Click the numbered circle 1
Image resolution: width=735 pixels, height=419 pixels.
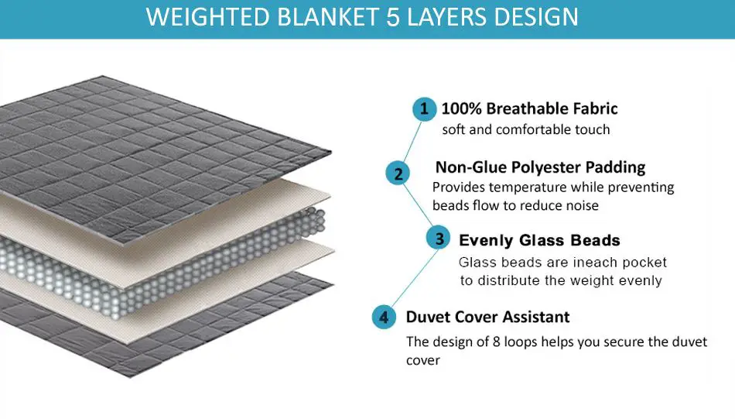[x=424, y=109]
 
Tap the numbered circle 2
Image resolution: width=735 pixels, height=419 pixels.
[x=398, y=173]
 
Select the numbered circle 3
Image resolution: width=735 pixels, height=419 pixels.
[x=438, y=238]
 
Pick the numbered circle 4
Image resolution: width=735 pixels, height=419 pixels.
[x=384, y=317]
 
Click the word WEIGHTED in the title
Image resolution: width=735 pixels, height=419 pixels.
[x=209, y=17]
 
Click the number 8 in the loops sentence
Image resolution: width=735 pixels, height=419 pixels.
[x=497, y=342]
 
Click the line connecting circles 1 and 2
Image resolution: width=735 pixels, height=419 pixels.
[x=412, y=141]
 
